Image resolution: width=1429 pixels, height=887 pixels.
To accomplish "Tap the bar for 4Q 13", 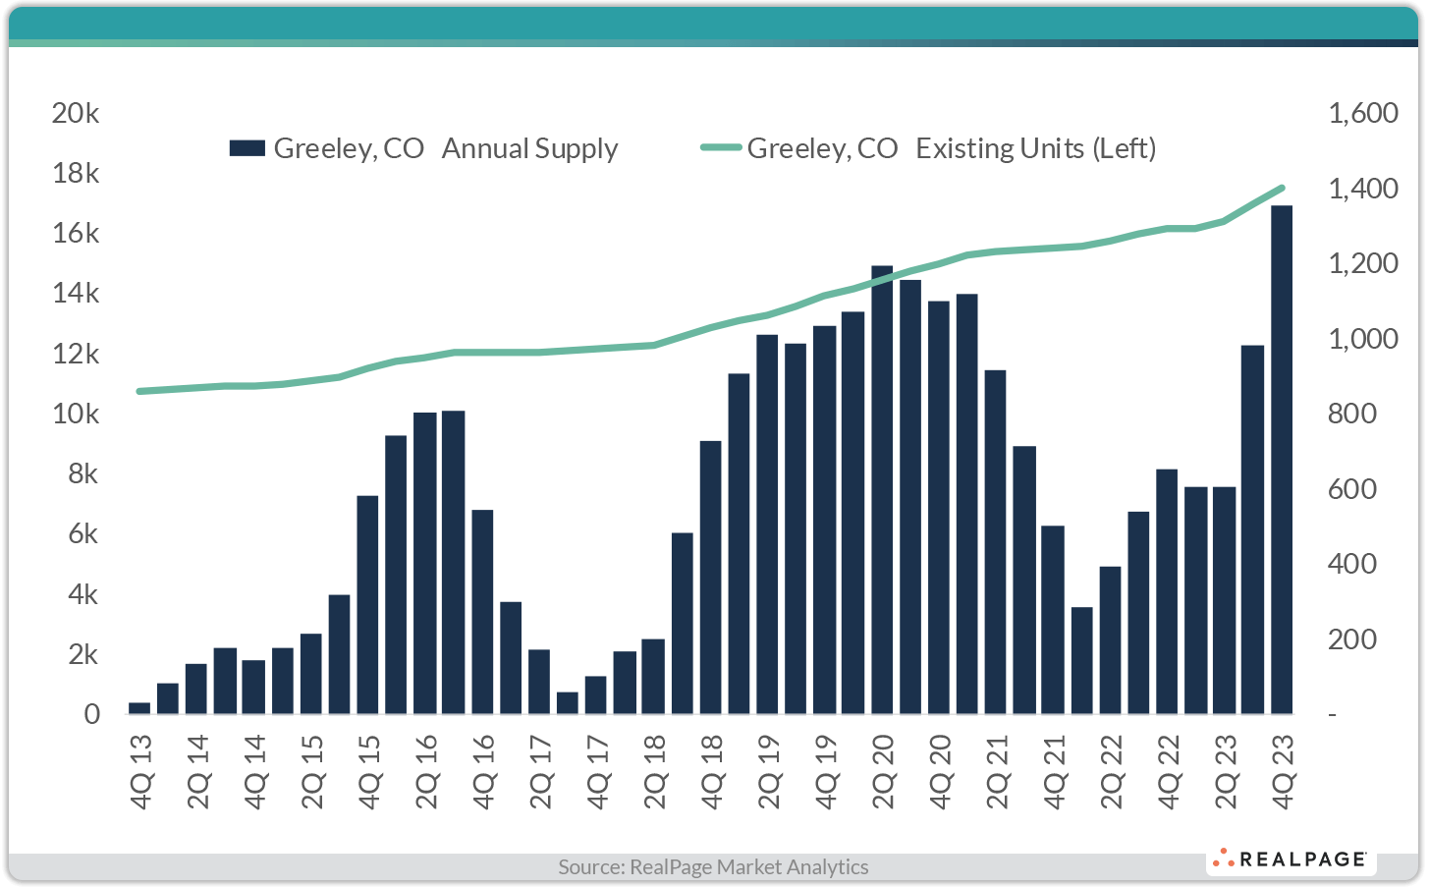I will (x=139, y=708).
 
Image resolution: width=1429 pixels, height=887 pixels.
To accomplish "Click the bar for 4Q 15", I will (x=367, y=604).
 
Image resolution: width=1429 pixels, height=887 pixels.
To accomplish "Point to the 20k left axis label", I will (x=76, y=113).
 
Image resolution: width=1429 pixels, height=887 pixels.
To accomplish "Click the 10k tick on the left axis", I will (x=76, y=414).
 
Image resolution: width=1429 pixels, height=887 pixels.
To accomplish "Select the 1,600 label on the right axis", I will (x=1362, y=113).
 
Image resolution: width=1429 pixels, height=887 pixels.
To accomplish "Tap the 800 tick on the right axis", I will (x=1352, y=414).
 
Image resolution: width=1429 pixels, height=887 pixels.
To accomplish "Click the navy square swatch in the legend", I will (x=247, y=148).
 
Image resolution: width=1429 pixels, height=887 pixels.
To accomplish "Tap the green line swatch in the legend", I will (x=721, y=148).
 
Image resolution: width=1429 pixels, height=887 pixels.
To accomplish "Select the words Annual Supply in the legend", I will (x=529, y=148).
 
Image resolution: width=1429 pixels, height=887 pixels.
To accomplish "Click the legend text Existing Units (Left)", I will (x=1035, y=148).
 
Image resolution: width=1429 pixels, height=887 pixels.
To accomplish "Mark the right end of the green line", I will (x=1282, y=188).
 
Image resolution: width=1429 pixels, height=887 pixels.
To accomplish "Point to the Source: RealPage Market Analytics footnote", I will (x=713, y=866).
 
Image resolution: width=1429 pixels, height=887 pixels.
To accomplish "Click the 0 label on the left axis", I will (x=91, y=714).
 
